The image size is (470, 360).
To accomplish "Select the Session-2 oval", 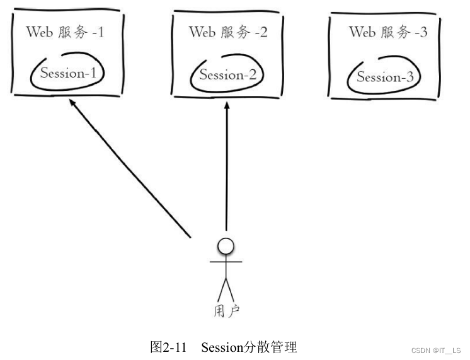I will click(x=227, y=75).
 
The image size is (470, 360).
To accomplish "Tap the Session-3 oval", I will click(x=385, y=78).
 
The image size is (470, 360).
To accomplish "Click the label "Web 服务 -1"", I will click(x=65, y=33).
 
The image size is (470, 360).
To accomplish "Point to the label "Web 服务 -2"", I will click(x=227, y=33).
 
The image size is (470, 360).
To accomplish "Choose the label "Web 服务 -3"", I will click(x=388, y=32).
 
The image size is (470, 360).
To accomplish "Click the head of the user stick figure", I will click(x=226, y=245).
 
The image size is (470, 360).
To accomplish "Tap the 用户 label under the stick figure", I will click(x=226, y=310).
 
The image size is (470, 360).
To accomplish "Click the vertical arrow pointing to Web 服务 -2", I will click(x=226, y=170).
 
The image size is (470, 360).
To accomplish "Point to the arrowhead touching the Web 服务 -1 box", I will click(x=73, y=104).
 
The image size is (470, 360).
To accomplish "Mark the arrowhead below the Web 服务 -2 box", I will click(x=226, y=108).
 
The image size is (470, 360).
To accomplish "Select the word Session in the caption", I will click(x=221, y=347).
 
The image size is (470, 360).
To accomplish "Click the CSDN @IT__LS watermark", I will click(x=435, y=351).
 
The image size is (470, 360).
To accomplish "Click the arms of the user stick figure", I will click(x=226, y=260).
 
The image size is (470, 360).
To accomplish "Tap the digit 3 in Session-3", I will click(x=409, y=78).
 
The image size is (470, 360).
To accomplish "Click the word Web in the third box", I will click(x=362, y=32).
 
